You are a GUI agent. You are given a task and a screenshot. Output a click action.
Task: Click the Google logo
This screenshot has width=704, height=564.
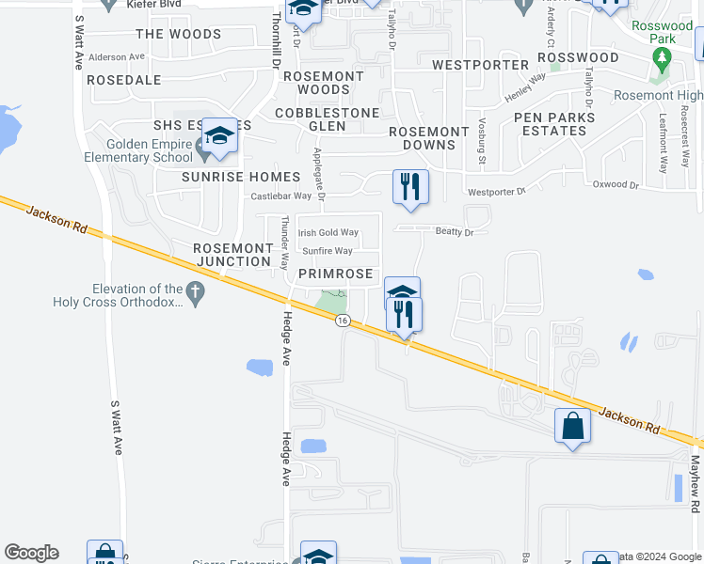31,553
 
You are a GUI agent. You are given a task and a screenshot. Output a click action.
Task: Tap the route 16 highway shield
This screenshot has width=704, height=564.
342,321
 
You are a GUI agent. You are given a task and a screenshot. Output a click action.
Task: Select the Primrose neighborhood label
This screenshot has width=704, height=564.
336,274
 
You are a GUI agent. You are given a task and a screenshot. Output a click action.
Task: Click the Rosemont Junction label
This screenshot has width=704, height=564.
232,254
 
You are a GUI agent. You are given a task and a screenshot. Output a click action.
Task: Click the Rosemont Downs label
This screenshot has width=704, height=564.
428,138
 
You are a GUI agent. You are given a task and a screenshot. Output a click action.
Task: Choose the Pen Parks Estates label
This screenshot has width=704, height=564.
554,124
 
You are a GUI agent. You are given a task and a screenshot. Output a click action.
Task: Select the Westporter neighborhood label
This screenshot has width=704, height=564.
480,65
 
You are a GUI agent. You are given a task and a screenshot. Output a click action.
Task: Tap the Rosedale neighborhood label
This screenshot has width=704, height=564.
124,80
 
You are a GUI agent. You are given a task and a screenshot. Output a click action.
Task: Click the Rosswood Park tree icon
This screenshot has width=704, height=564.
662,59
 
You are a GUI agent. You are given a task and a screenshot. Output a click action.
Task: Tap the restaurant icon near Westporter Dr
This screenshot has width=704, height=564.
409,186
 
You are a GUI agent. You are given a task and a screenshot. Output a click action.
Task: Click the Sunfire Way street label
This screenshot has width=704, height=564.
328,251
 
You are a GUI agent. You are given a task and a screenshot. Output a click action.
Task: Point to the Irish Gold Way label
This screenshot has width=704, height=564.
328,232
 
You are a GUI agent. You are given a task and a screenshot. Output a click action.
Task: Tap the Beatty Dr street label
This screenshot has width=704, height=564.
454,230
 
